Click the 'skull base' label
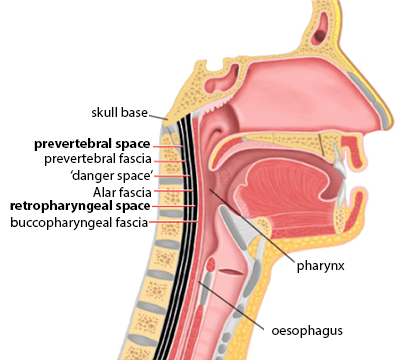pos(119,113)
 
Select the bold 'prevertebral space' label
pos(92,144)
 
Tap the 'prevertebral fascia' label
pos(98,159)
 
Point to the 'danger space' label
pos(112,175)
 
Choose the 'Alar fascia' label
pos(122,192)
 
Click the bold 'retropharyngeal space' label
pos(80,206)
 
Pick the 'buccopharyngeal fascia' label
pos(79,222)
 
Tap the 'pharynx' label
pos(320,266)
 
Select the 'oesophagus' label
pos(307,331)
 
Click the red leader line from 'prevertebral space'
pos(168,146)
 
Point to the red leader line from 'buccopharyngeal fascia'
pos(174,221)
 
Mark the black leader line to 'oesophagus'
pos(232,305)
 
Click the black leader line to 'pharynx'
pos(251,225)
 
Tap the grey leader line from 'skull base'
pos(158,116)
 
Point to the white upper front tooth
pos(339,159)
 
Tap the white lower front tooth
pos(342,193)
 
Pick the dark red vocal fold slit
pos(231,272)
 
